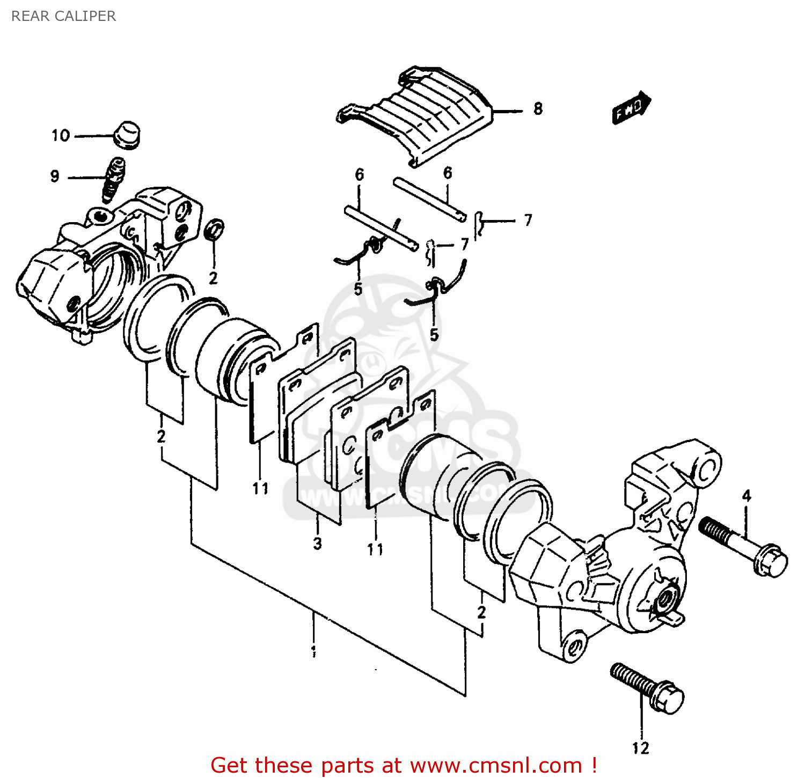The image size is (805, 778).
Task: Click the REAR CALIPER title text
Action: (63, 16)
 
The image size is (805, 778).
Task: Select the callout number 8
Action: (538, 109)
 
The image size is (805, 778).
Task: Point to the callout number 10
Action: (61, 135)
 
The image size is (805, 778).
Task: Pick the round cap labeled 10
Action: (127, 135)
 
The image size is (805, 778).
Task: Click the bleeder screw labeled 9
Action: (113, 180)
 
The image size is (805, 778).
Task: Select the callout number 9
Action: (55, 176)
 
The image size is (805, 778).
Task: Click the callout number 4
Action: (747, 496)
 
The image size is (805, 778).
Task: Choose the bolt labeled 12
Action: (647, 689)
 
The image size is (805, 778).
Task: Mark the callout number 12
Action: (640, 748)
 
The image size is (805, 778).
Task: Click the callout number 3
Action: (318, 543)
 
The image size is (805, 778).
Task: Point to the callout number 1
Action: (313, 652)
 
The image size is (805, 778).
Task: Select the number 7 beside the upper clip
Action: (528, 220)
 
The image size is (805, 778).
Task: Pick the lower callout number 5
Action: (434, 335)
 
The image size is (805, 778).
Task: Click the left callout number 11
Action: (261, 488)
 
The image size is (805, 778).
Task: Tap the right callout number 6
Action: (448, 173)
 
